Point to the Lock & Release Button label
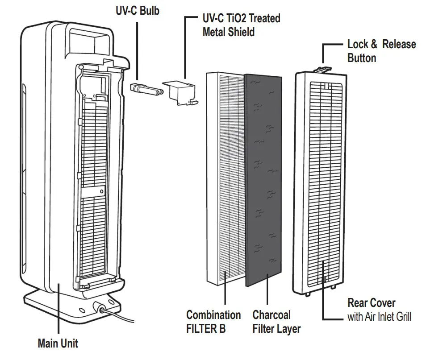point(381,51)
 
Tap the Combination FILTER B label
point(213,322)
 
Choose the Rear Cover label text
point(371,303)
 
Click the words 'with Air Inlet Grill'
point(379,317)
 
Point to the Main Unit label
point(58,343)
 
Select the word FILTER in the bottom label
point(201,329)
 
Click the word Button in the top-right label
point(361,58)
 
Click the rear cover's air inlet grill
point(321,178)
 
